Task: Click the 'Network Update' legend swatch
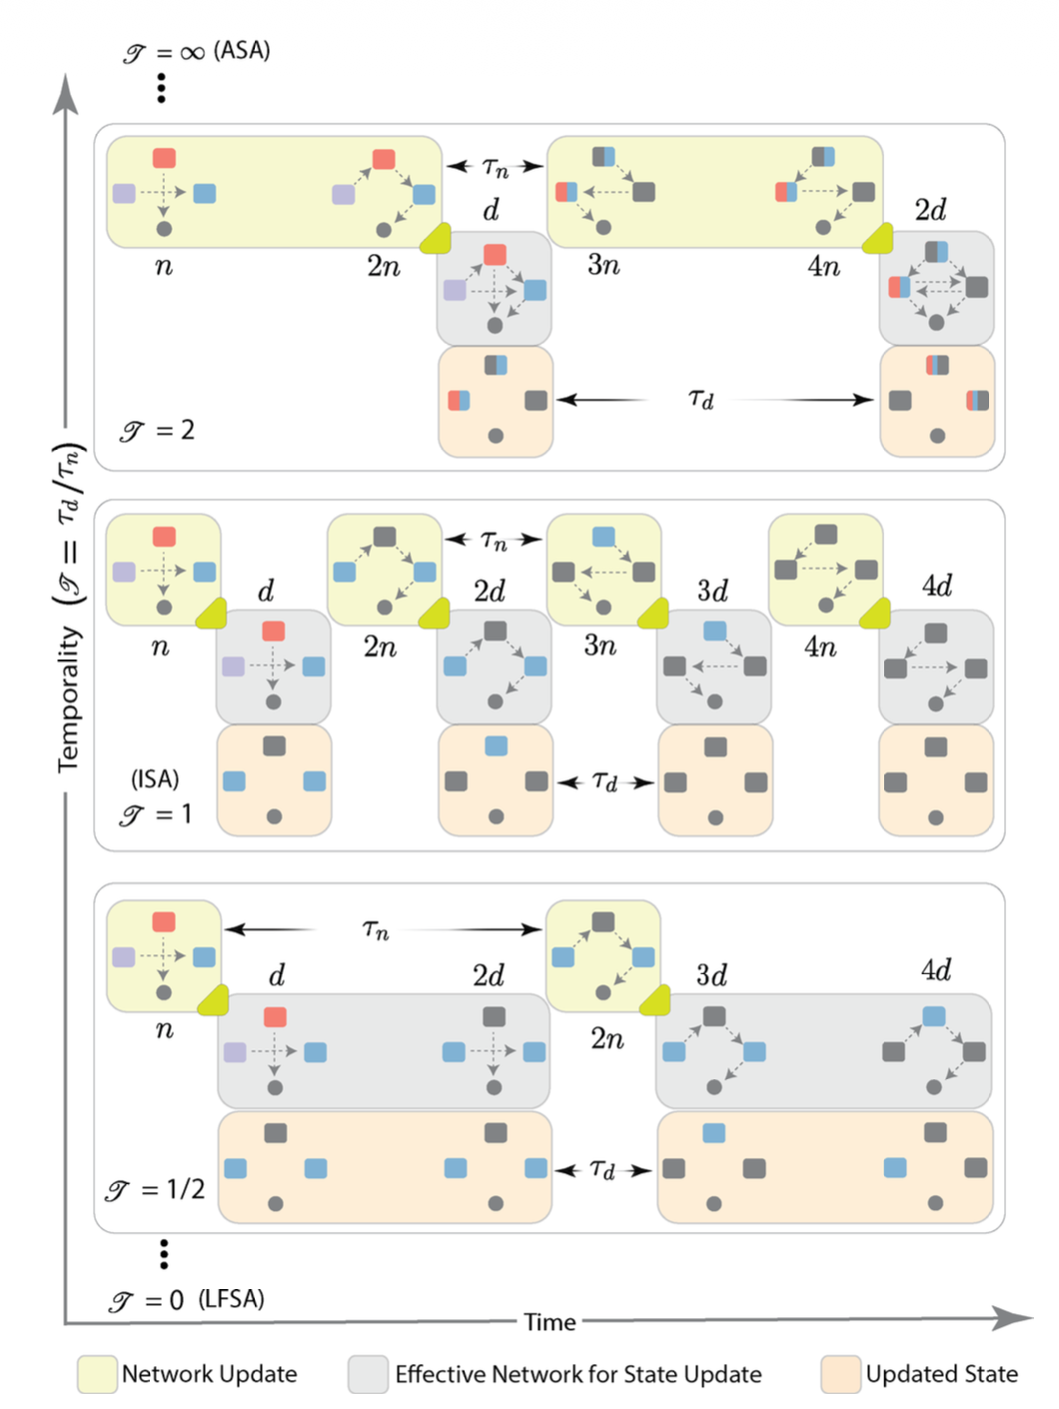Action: [x=97, y=1374]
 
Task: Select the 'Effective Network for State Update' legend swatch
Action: [x=368, y=1374]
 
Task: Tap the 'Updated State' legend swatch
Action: [x=840, y=1374]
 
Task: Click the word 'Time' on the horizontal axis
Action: [x=549, y=1322]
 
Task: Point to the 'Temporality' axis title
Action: [x=68, y=700]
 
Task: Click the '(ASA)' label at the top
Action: [x=242, y=50]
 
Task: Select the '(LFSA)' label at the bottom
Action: [x=231, y=1298]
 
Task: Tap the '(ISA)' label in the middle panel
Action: [x=155, y=778]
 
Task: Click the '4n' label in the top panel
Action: [x=823, y=266]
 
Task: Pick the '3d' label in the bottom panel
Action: [x=711, y=974]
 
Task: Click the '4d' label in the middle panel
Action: [x=936, y=586]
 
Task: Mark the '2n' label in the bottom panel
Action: [x=606, y=1039]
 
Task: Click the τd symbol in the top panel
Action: [x=701, y=399]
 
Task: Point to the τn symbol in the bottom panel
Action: [x=376, y=929]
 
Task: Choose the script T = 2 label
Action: [x=157, y=431]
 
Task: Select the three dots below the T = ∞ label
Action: [x=161, y=88]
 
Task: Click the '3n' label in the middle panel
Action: [x=600, y=646]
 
